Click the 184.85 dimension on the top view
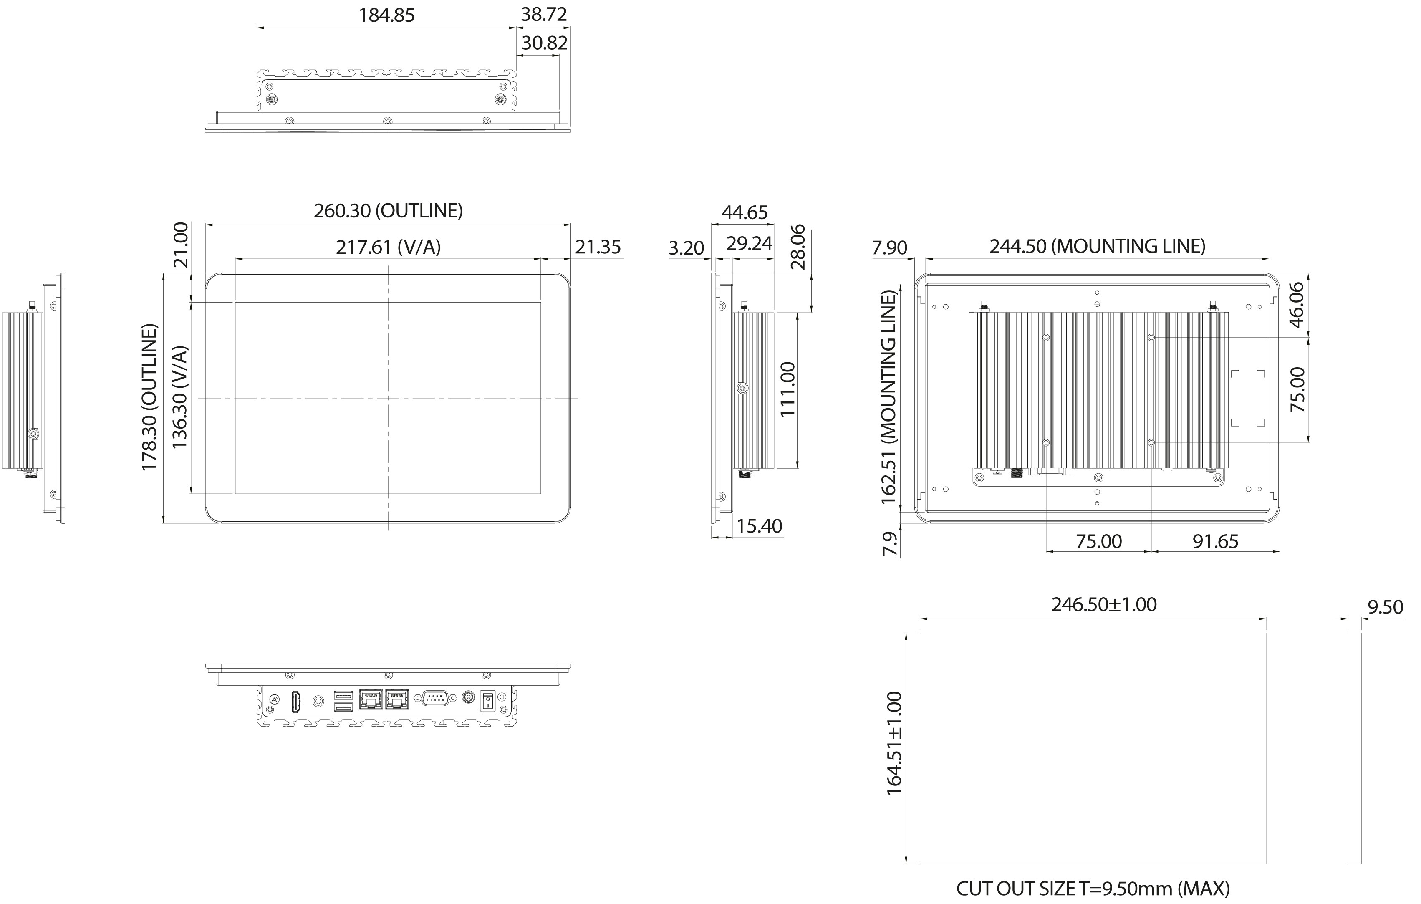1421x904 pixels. click(x=386, y=15)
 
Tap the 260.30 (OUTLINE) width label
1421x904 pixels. click(x=388, y=211)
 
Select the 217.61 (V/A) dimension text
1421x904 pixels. click(x=388, y=247)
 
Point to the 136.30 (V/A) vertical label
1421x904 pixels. click(x=179, y=397)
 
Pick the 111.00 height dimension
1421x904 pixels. click(x=788, y=389)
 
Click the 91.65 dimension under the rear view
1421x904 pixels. click(x=1215, y=541)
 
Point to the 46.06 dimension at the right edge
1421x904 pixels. click(x=1297, y=305)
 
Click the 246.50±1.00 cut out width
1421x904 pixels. click(x=1103, y=604)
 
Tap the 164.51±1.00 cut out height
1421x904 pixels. click(x=894, y=743)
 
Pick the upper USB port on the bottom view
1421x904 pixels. click(x=343, y=694)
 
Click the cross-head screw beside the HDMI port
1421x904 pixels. click(x=274, y=700)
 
